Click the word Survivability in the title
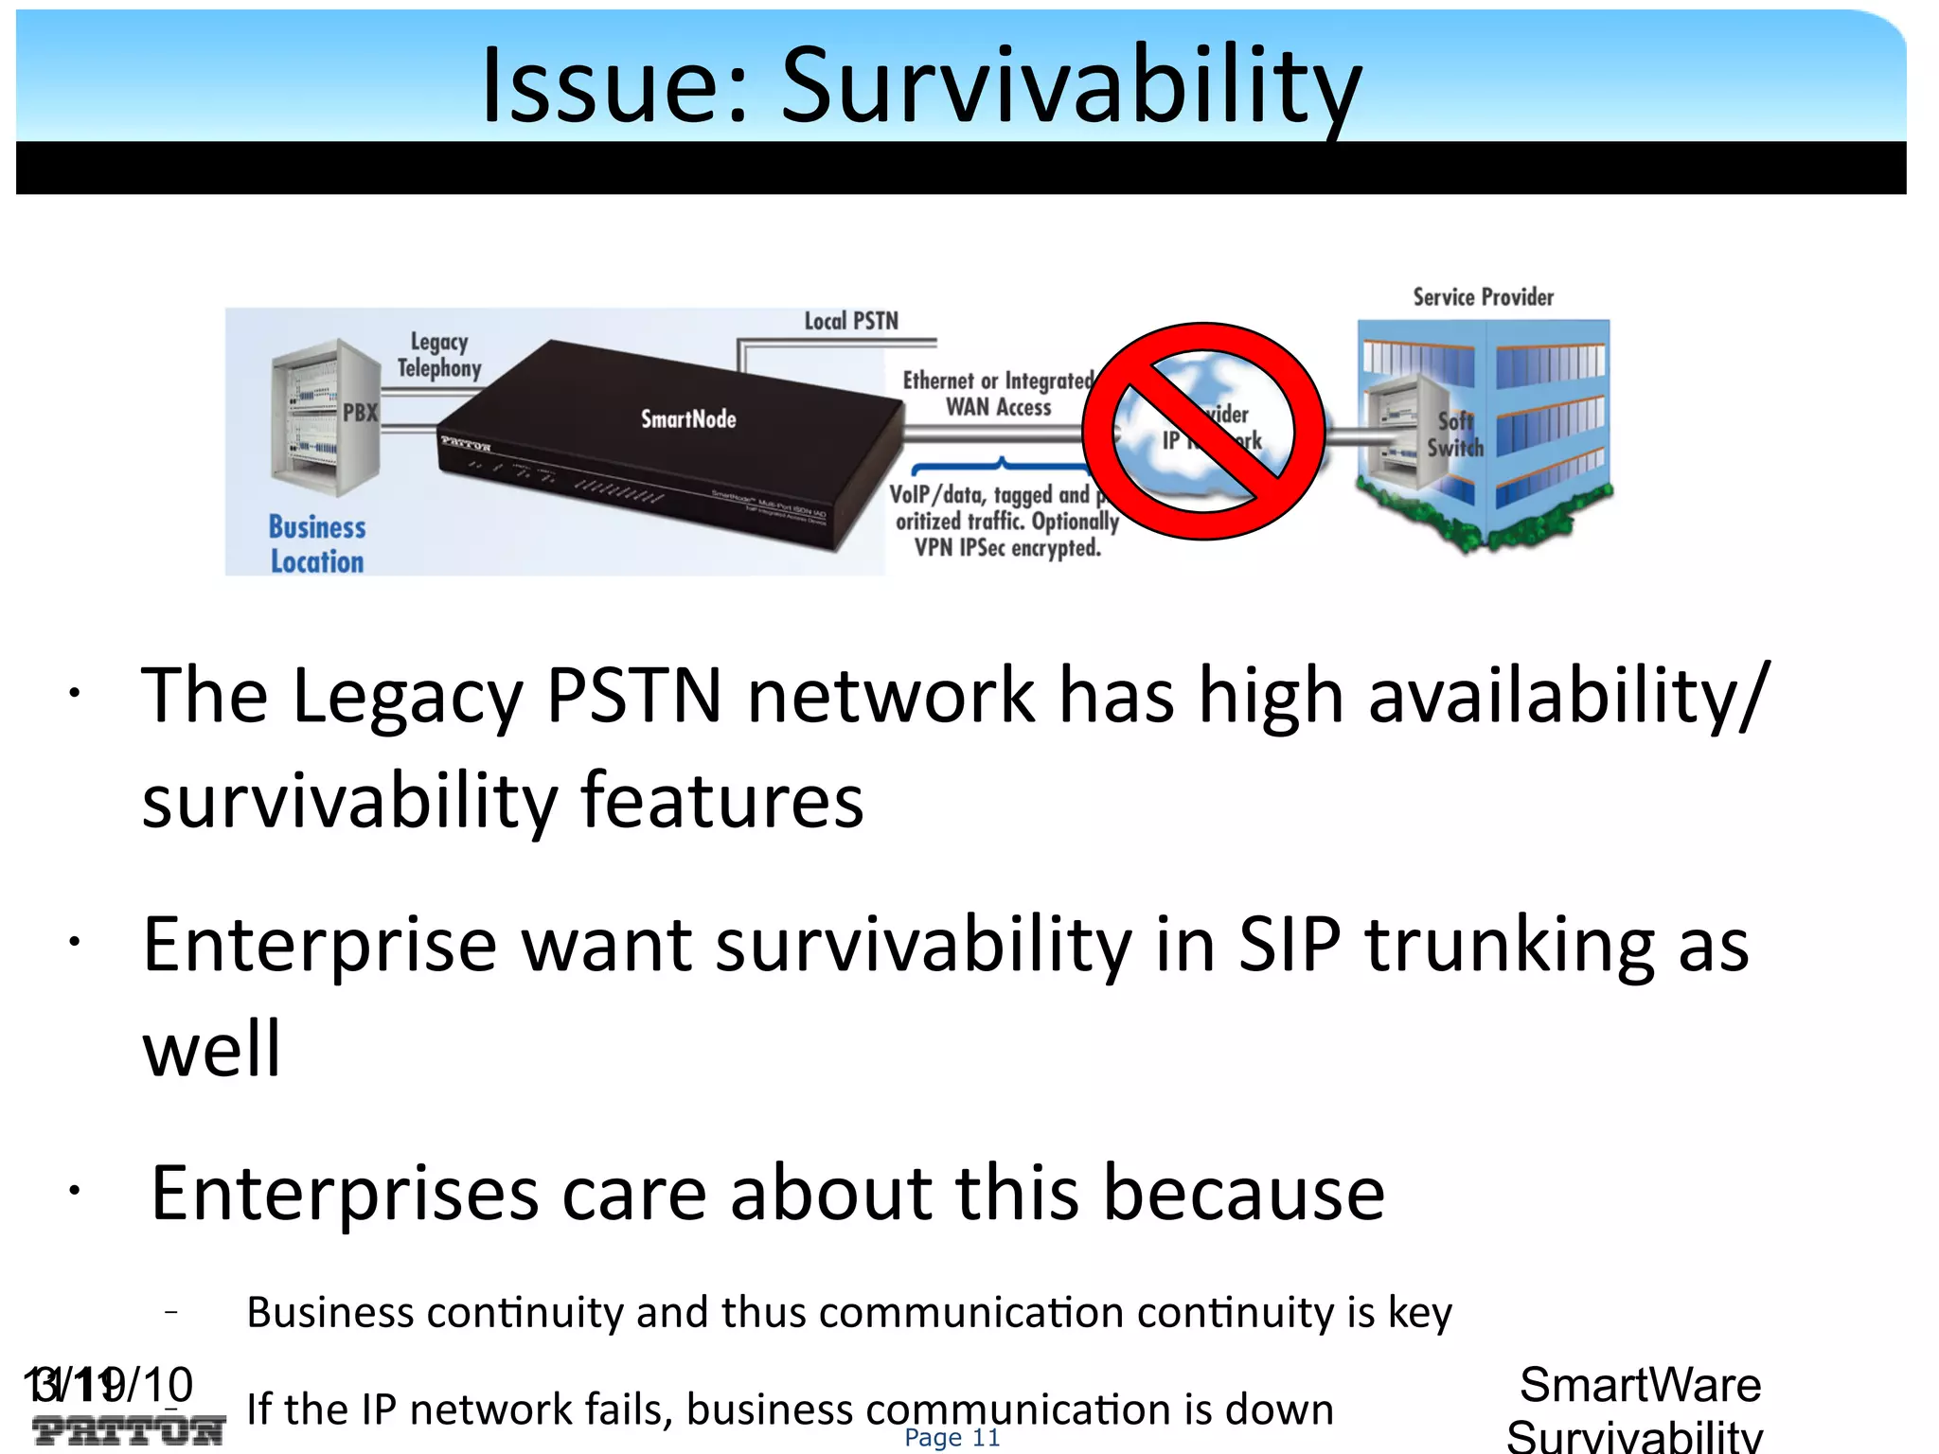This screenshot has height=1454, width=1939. (1070, 87)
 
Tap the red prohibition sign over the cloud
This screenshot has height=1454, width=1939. (1203, 432)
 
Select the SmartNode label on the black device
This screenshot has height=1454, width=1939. (688, 419)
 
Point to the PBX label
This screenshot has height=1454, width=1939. (360, 413)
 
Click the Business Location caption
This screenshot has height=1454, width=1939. (317, 544)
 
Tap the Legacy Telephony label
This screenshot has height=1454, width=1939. (439, 355)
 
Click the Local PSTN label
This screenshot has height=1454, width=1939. (851, 322)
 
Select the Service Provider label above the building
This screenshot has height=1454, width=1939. (1483, 297)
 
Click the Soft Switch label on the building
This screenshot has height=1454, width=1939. (1455, 434)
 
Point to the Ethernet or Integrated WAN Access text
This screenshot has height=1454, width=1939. (998, 394)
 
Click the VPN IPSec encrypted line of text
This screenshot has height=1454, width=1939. (1007, 548)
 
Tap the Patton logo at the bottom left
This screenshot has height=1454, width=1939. (129, 1430)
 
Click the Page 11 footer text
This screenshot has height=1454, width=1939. (952, 1438)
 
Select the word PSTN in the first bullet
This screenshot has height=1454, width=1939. (634, 696)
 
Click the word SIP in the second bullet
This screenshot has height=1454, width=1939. (1290, 945)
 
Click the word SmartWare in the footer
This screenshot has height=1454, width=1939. (1640, 1385)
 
